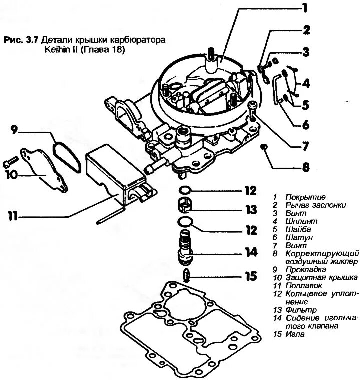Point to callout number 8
pos(304,167)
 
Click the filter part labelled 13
pos(185,205)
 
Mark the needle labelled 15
pos(186,275)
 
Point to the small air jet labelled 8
pos(264,147)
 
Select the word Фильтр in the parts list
pos(299,309)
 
